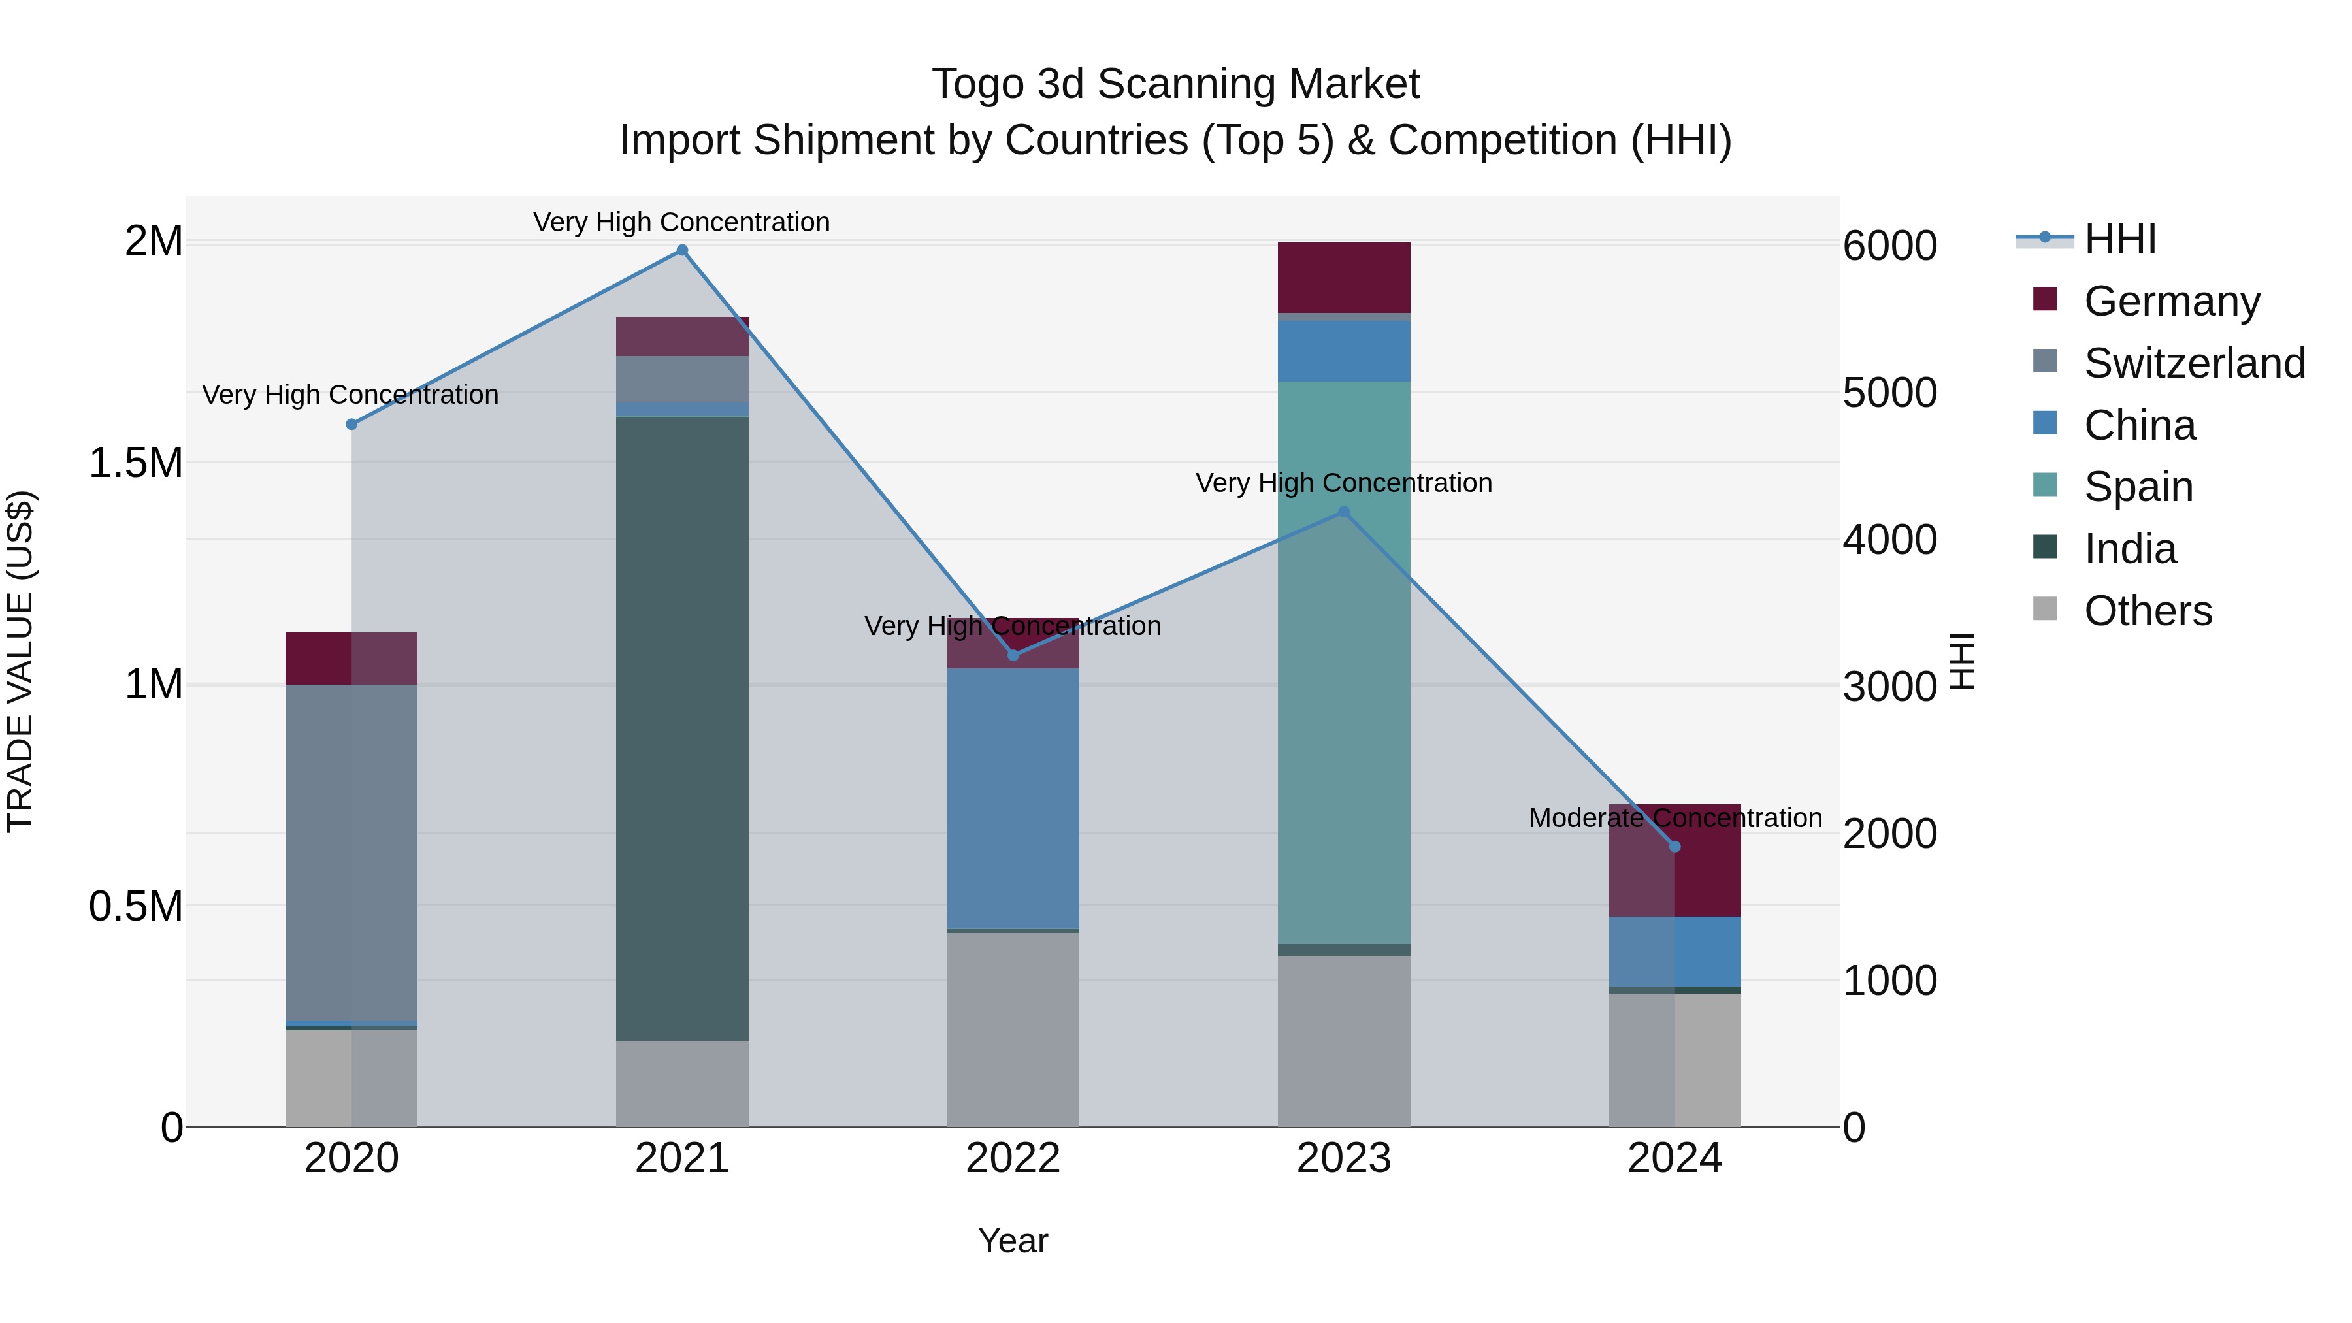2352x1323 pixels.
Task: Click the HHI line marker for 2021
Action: coord(682,250)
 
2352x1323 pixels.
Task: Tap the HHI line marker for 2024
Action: coord(1674,846)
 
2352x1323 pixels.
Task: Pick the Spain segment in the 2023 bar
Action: coord(1343,662)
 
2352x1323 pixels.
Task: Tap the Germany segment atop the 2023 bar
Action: coord(1343,278)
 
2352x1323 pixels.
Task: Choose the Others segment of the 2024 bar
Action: coord(1674,1059)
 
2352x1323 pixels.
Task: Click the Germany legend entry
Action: coord(2171,301)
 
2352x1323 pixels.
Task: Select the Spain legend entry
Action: coord(2138,487)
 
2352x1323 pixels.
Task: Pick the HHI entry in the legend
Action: coord(2119,239)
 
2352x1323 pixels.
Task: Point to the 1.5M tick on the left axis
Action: coord(135,463)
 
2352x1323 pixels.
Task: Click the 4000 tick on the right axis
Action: coord(1889,540)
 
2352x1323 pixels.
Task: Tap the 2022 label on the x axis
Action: coord(1013,1158)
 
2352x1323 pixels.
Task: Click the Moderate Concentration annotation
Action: coord(1674,818)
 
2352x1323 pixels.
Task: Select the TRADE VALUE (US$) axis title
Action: coord(20,661)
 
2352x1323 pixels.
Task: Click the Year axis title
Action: coord(1013,1241)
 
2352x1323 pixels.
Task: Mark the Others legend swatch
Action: coord(2045,609)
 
